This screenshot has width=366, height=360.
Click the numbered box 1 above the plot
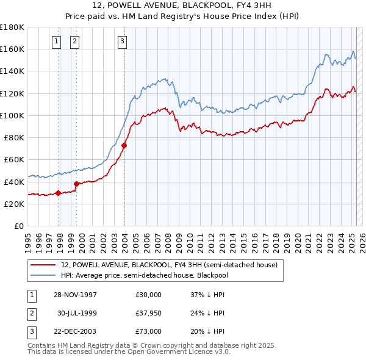pos(56,41)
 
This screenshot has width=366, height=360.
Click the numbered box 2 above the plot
pos(74,41)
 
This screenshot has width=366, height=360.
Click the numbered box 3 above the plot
pos(122,41)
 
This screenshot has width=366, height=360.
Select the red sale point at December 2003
pos(124,145)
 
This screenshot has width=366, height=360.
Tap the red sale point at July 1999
pos(77,184)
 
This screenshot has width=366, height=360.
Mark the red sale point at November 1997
pos(59,193)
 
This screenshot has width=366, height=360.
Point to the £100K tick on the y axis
pos(12,115)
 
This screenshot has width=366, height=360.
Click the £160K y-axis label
pos(12,49)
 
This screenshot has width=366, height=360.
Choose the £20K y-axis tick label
pos(15,204)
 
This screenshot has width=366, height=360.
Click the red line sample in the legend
pos(43,265)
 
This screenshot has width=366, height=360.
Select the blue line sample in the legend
pos(43,275)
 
